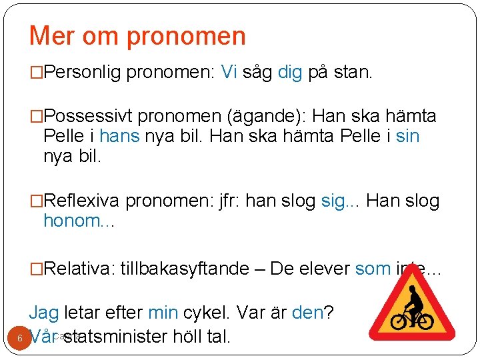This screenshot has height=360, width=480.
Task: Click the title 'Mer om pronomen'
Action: [x=137, y=36]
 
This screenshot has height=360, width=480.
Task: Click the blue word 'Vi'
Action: [x=229, y=73]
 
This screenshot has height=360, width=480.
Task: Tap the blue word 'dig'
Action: [x=290, y=73]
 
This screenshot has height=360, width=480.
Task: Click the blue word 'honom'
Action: [x=71, y=221]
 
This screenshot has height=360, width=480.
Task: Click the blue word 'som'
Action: [x=372, y=269]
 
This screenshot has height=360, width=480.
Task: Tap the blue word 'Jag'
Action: [x=43, y=312]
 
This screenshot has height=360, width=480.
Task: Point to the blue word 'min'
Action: [x=162, y=312]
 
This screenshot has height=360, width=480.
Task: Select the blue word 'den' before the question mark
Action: [x=307, y=312]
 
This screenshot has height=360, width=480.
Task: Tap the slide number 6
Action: [x=20, y=338]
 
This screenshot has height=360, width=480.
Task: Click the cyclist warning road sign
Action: [x=412, y=309]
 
